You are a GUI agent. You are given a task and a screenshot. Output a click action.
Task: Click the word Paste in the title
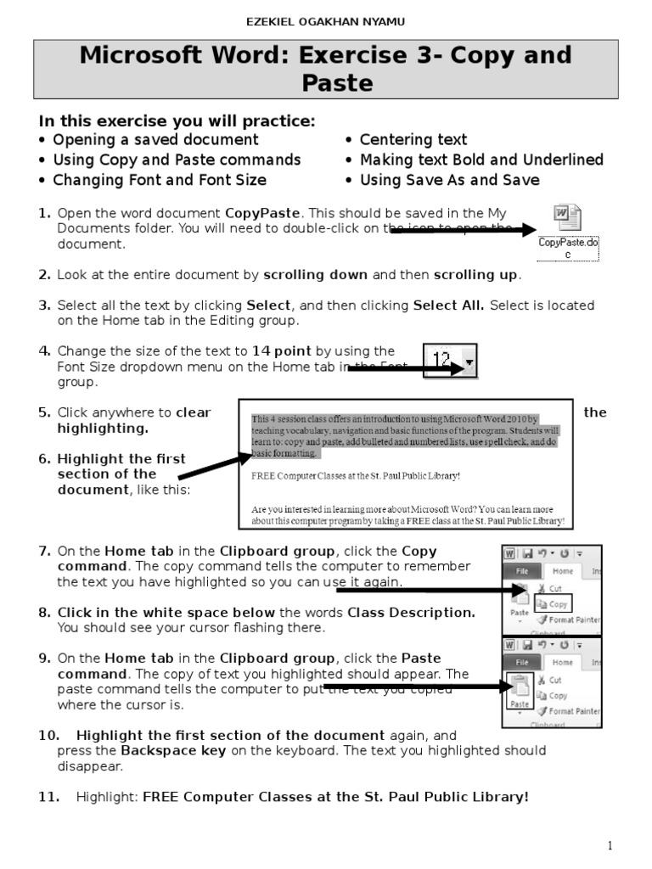pos(337,83)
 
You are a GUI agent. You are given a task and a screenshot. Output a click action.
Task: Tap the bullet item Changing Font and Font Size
pos(160,180)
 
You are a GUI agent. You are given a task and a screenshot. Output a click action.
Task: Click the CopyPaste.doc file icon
pos(566,218)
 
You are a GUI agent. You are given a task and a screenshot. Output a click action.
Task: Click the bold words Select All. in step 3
pos(448,306)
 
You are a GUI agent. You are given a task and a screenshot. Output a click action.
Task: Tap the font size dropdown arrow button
pos(469,363)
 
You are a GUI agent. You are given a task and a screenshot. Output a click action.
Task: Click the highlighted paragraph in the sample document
pos(406,436)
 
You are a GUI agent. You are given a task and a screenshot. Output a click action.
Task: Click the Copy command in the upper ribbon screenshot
pos(557,604)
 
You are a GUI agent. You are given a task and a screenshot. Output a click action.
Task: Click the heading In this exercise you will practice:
pos(177,121)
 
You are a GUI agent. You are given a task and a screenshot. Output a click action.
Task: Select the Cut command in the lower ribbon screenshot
pos(554,680)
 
